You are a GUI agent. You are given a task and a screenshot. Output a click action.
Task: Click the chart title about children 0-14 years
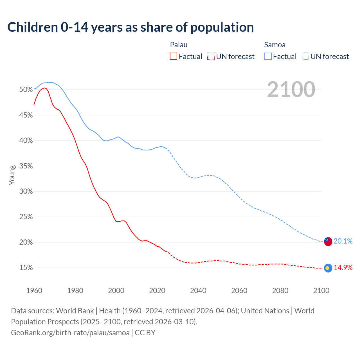coord(130,27)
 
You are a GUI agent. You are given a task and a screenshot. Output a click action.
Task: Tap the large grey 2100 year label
coord(291,89)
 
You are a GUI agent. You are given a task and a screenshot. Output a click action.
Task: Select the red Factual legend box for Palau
coord(174,57)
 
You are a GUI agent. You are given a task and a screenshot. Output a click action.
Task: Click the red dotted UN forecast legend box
coord(211,57)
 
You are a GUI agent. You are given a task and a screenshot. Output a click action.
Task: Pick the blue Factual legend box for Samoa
coord(268,57)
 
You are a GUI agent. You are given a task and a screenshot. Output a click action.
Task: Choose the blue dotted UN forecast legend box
coord(305,57)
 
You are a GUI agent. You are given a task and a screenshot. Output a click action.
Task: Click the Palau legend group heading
coord(179,45)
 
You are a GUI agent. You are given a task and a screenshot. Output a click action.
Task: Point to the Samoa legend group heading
coord(275,45)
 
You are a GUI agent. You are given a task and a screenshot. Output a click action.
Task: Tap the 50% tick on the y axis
coord(26,90)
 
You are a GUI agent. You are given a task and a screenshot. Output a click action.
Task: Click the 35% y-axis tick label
coord(26,166)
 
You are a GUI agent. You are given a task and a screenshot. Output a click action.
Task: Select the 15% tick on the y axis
coord(26,268)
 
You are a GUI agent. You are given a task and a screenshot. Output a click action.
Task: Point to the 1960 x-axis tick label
coord(34,291)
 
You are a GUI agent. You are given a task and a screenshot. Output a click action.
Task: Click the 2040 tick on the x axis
coord(198,291)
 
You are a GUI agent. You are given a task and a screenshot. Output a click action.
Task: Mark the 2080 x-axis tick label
coord(280,291)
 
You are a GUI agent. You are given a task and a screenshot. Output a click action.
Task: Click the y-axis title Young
coord(12,175)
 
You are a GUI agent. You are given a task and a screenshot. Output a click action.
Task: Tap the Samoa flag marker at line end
coord(328,242)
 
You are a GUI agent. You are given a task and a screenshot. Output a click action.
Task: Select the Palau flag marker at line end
coord(328,268)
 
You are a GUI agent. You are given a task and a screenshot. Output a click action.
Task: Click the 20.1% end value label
coord(343,241)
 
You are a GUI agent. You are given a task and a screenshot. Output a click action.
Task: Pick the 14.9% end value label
coord(343,267)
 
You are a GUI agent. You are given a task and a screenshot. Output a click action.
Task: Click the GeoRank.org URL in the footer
coord(70,333)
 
